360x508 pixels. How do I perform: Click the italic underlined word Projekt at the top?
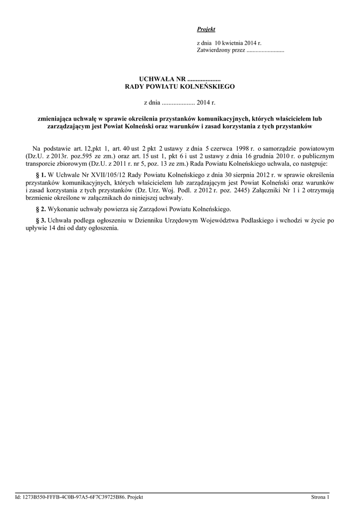[203, 30]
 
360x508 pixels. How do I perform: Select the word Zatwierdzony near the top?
[213, 51]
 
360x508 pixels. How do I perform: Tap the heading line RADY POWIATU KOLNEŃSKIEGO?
[179, 86]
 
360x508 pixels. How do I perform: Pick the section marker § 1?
[41, 176]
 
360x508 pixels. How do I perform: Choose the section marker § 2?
[41, 209]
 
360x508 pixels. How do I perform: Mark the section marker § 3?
[41, 220]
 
